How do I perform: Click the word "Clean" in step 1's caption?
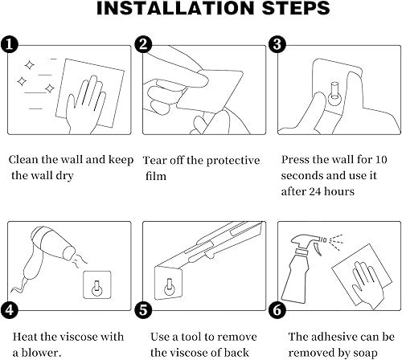[x=26, y=160]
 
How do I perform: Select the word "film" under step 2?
[x=155, y=175]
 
